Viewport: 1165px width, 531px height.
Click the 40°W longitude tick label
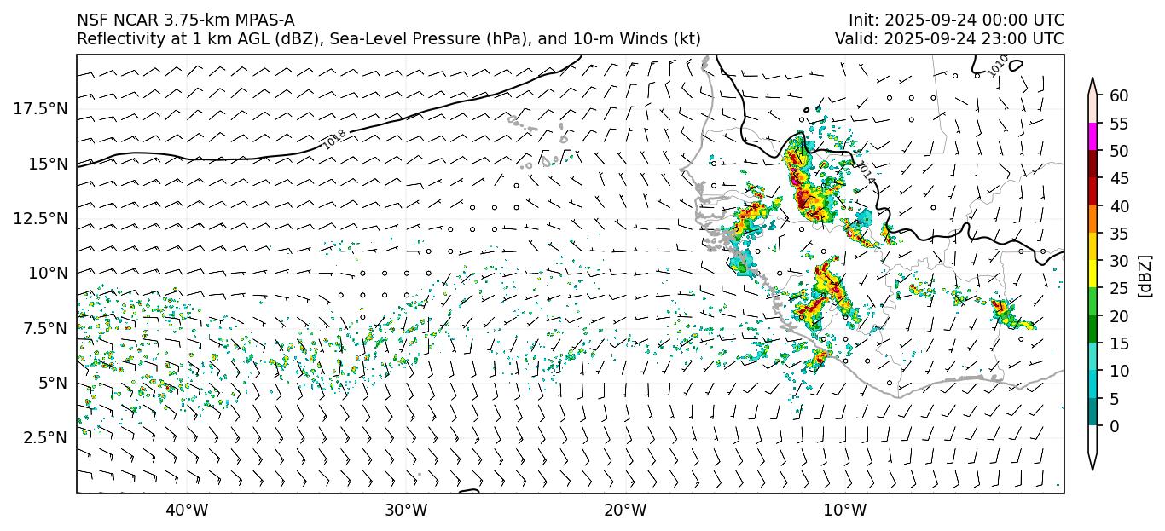coord(186,511)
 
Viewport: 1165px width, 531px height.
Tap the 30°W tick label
coord(406,511)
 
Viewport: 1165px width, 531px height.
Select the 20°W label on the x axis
coord(625,511)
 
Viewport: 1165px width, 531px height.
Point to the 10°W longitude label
coord(845,511)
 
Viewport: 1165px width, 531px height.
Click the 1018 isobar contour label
coord(334,140)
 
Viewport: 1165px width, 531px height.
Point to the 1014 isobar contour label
coord(867,171)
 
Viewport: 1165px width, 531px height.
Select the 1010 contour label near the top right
coord(999,65)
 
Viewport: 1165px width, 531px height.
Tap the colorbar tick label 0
coord(1114,426)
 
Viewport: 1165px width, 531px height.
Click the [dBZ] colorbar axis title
coord(1145,274)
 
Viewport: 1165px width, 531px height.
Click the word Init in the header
coord(862,20)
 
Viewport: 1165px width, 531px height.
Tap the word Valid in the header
coord(855,39)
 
